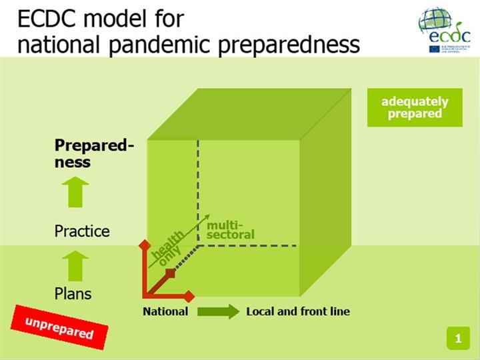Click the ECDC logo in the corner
445,30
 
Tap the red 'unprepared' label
59,327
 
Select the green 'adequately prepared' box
415,107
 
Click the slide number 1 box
458,338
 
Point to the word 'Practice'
82,231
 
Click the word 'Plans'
73,293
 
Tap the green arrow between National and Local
218,311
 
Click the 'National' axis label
165,311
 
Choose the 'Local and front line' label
298,311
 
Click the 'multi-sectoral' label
231,229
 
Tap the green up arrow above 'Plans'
78,265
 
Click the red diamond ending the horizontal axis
189,295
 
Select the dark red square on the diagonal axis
170,273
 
